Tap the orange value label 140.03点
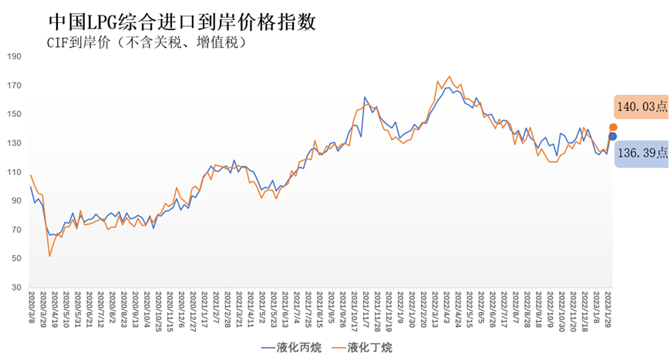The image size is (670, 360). click(x=641, y=107)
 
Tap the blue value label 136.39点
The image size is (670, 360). click(x=641, y=153)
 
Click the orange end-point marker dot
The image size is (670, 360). click(x=613, y=127)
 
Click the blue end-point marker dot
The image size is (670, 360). click(x=613, y=136)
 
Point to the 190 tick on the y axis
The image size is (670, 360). click(x=14, y=56)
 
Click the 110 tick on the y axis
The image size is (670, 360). click(x=14, y=172)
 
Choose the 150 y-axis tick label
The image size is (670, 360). click(x=14, y=114)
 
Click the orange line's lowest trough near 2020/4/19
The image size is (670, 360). click(x=50, y=256)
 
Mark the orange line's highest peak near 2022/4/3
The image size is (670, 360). click(x=449, y=76)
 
